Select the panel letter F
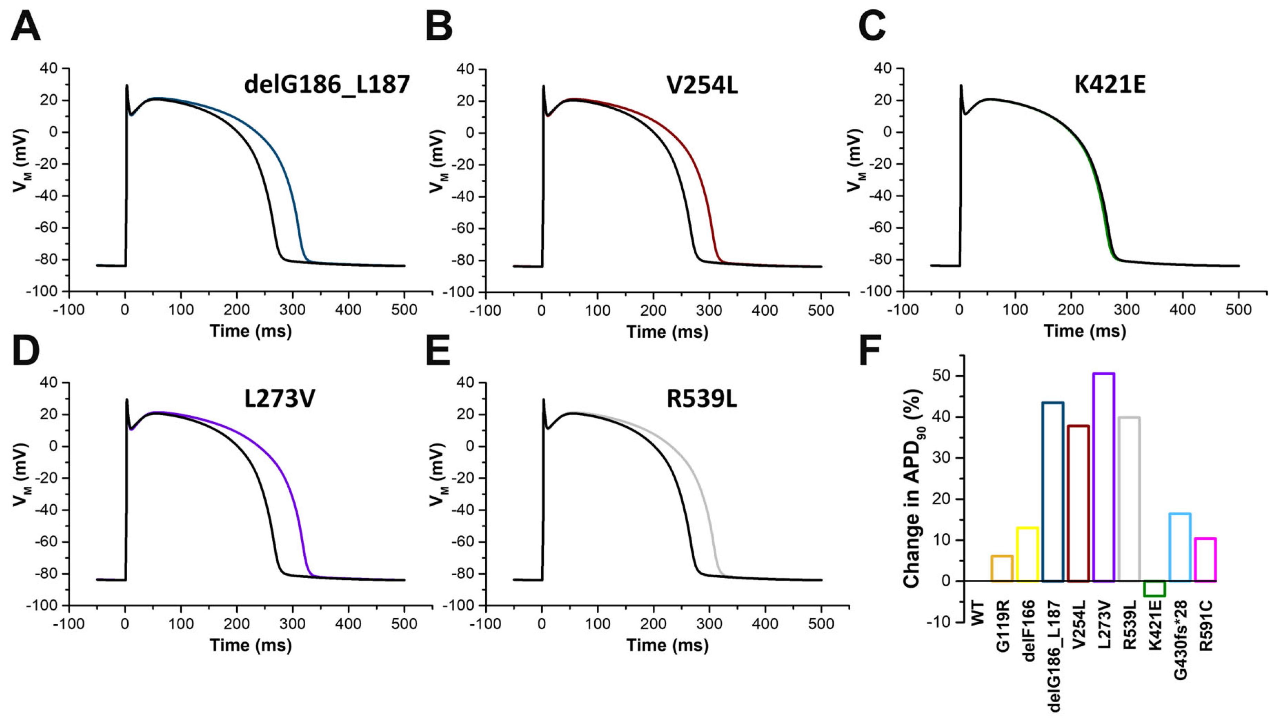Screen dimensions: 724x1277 pos(870,350)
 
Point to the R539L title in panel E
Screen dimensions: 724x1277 pos(702,399)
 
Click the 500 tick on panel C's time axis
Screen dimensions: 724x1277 pos(1238,310)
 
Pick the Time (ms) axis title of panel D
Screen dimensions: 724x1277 pos(251,645)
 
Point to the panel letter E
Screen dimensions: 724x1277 pos(438,350)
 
